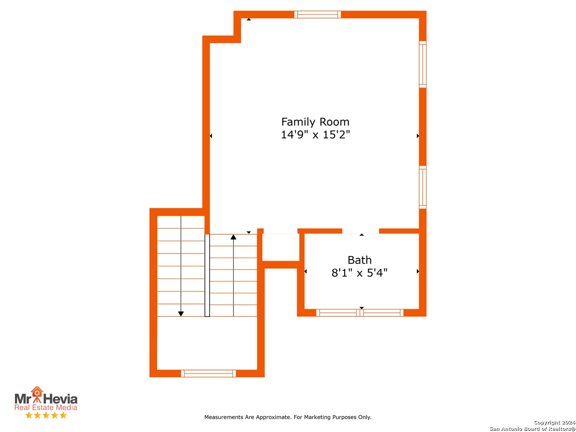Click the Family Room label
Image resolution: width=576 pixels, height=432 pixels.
[315, 122]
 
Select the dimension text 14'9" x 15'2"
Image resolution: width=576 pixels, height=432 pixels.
[315, 134]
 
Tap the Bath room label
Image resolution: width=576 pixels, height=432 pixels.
[360, 260]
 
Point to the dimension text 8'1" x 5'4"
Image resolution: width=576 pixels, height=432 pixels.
[359, 273]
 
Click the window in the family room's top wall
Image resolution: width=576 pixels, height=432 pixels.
[318, 14]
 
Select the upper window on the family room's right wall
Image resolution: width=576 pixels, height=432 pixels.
[422, 64]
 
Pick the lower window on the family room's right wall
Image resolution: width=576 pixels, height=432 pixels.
[422, 187]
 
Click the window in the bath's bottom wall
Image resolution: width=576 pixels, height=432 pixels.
[360, 313]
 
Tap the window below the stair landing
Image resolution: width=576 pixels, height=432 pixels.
[208, 374]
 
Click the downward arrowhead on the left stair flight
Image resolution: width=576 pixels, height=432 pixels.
[181, 314]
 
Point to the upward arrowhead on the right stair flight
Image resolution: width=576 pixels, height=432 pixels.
[233, 237]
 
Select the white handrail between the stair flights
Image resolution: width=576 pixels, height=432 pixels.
[207, 276]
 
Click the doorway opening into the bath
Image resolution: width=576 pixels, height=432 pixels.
[360, 231]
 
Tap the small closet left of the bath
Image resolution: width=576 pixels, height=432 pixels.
[281, 247]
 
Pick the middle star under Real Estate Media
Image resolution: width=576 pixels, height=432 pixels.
[46, 415]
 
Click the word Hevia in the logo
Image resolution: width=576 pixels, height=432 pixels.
[60, 399]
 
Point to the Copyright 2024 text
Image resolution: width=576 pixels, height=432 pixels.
[554, 422]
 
